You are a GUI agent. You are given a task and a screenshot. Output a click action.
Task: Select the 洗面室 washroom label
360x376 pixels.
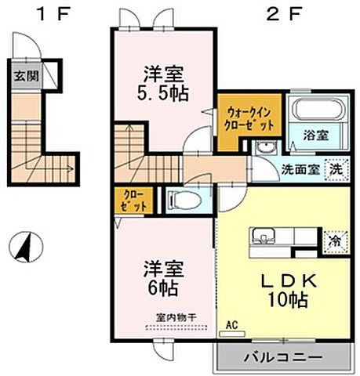pos(289,168)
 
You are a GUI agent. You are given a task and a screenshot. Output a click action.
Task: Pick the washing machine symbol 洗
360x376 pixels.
pos(335,167)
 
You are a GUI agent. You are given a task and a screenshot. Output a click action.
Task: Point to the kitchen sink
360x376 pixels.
pos(262,237)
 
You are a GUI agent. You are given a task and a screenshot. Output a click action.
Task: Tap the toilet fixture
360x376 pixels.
pos(184,200)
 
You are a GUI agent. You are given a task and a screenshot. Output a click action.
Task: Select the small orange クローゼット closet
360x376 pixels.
pos(135,201)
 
